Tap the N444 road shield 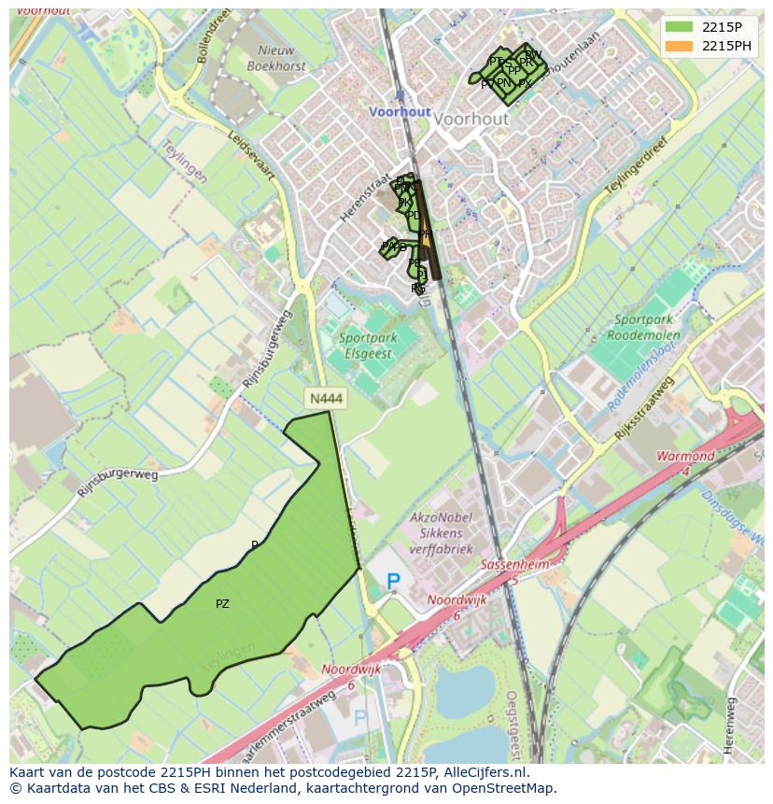pyautogui.click(x=326, y=399)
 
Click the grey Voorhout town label pyautogui.click(x=471, y=120)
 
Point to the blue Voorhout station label pyautogui.click(x=400, y=111)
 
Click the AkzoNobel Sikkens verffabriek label pyautogui.click(x=442, y=533)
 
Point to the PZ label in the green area pyautogui.click(x=222, y=604)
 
